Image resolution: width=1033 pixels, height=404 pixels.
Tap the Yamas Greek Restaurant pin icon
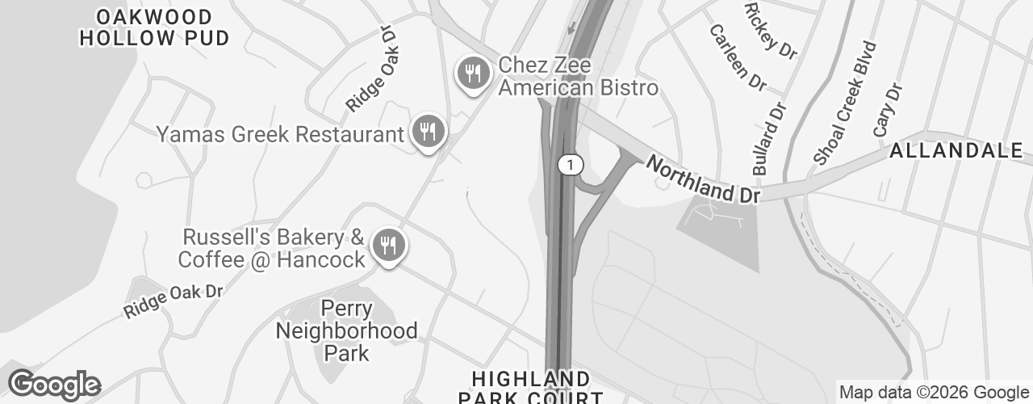(428, 130)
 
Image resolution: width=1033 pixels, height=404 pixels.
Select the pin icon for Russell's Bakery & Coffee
(388, 245)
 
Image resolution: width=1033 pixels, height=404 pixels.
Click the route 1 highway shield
(570, 165)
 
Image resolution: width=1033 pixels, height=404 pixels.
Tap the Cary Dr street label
(886, 109)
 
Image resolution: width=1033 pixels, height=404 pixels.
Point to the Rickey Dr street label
(770, 30)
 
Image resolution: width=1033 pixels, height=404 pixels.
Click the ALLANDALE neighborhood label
(956, 150)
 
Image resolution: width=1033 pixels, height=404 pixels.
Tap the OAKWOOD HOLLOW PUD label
(154, 27)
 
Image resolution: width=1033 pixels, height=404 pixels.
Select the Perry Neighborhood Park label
(347, 330)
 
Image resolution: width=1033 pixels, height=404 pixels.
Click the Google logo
(54, 385)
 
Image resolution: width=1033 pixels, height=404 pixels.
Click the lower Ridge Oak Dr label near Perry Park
(173, 301)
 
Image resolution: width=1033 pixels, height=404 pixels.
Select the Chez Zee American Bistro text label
(578, 76)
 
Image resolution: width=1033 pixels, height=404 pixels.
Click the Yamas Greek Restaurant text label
(279, 134)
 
